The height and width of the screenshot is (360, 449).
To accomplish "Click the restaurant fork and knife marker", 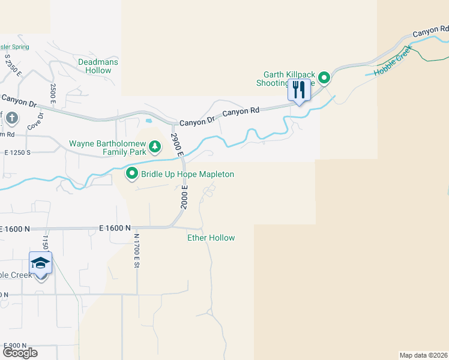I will (299, 90).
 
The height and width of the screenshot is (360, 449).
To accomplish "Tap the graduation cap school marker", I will (41, 263).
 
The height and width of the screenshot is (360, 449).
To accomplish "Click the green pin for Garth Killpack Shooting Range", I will (324, 77).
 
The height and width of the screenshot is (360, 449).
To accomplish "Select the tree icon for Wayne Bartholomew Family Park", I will (155, 146).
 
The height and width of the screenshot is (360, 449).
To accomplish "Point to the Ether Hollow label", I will (211, 238).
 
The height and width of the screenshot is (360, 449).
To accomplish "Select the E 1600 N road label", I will (115, 229).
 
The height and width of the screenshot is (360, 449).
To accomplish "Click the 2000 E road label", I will (185, 197).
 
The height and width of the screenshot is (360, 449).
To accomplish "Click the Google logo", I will (20, 353).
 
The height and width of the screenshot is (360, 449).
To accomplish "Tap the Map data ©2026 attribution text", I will (424, 355).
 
